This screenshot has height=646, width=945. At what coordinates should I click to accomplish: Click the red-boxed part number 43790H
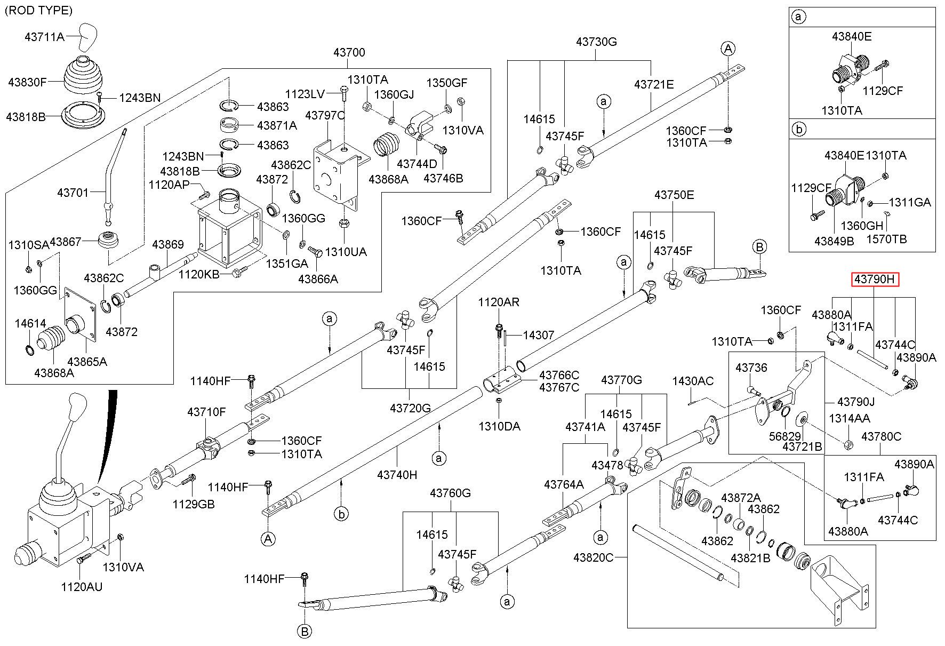point(875,280)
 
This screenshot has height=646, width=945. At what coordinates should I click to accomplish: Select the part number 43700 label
point(349,52)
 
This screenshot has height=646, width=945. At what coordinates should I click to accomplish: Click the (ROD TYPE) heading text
point(38,10)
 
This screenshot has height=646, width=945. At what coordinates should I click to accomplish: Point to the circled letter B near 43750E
point(759,247)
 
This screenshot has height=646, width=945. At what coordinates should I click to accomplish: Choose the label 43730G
point(596,42)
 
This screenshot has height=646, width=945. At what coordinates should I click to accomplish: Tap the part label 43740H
point(397,474)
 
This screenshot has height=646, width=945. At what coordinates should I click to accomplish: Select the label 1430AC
point(693,381)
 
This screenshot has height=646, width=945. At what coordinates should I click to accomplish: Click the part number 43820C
point(594,557)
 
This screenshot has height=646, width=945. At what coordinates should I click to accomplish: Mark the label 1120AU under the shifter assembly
point(82,587)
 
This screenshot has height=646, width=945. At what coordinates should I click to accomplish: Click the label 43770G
point(621,380)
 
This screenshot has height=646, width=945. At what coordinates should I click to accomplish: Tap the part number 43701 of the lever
point(73,192)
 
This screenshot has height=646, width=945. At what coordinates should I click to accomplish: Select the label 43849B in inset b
point(834,241)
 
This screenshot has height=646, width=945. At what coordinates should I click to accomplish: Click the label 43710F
point(206,412)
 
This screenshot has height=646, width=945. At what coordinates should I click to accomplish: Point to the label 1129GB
point(193,504)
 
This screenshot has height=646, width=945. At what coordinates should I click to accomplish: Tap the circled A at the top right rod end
point(728,49)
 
